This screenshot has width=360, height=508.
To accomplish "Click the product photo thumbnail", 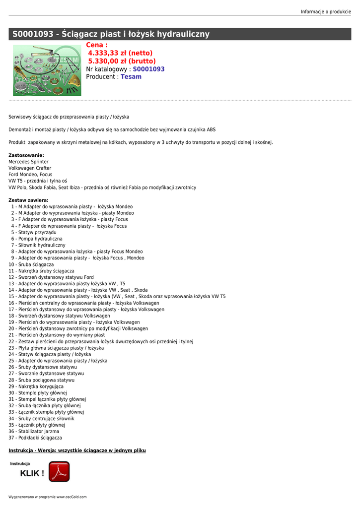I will click(47, 70).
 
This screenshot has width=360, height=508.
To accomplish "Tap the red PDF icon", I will click(59, 471).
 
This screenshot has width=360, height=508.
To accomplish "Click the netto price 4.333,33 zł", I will click(120, 53).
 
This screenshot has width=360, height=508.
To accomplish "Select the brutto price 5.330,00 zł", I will click(122, 61).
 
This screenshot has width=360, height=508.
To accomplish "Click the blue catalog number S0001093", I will click(148, 69).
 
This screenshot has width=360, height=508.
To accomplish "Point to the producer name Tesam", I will click(131, 77).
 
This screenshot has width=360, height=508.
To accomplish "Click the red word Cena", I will click(97, 45).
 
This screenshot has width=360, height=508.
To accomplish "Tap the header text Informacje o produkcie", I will click(326, 11).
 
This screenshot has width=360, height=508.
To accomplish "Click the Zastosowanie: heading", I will click(26, 155).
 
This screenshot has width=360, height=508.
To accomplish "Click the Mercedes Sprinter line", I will click(29, 162).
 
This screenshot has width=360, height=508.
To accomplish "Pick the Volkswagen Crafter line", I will click(30, 168).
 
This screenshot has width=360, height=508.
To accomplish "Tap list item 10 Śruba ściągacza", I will click(31, 264).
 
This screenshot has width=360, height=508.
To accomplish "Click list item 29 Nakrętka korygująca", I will click(36, 386).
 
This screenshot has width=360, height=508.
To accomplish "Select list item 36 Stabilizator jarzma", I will click(34, 432).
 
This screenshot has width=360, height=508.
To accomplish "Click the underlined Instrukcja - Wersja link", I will click(77, 450).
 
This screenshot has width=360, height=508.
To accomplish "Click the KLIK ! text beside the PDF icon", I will click(32, 473).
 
